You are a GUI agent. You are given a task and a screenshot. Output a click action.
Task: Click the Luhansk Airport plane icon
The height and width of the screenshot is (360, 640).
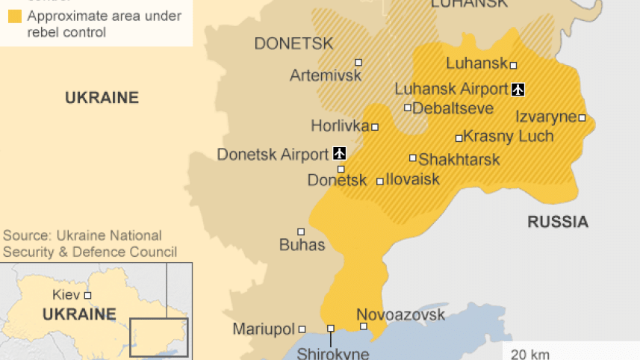(518, 90)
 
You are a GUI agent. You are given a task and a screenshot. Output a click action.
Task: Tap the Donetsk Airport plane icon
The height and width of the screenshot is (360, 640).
(339, 154)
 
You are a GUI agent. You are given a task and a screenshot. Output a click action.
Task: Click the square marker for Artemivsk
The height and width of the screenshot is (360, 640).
(358, 63)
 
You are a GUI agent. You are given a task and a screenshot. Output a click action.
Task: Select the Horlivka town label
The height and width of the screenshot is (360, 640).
(340, 126)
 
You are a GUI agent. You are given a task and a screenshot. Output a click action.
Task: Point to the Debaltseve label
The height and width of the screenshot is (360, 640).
(453, 108)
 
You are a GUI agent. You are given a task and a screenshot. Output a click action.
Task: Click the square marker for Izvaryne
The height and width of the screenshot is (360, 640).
(582, 117)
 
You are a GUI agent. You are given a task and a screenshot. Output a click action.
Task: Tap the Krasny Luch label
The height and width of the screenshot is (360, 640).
(509, 137)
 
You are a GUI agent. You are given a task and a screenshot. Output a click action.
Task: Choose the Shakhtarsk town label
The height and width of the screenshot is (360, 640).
(459, 159)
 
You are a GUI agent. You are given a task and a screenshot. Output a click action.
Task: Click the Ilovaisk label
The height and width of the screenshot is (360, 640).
(413, 180)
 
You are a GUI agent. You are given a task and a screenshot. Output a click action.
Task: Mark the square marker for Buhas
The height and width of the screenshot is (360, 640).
(301, 232)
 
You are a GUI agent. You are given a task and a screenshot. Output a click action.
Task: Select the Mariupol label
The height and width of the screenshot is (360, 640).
(264, 329)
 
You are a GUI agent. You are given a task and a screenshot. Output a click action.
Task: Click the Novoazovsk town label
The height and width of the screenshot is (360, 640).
(400, 314)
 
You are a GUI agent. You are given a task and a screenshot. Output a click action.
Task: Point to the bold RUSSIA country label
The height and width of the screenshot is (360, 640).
(558, 222)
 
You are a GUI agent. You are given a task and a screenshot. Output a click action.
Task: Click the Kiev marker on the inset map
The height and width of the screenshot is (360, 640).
(87, 295)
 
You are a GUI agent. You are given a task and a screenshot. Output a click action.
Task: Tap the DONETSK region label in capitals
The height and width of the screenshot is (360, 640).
(293, 43)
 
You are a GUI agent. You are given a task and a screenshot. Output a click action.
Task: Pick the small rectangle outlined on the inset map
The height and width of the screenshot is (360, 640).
(158, 337)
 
